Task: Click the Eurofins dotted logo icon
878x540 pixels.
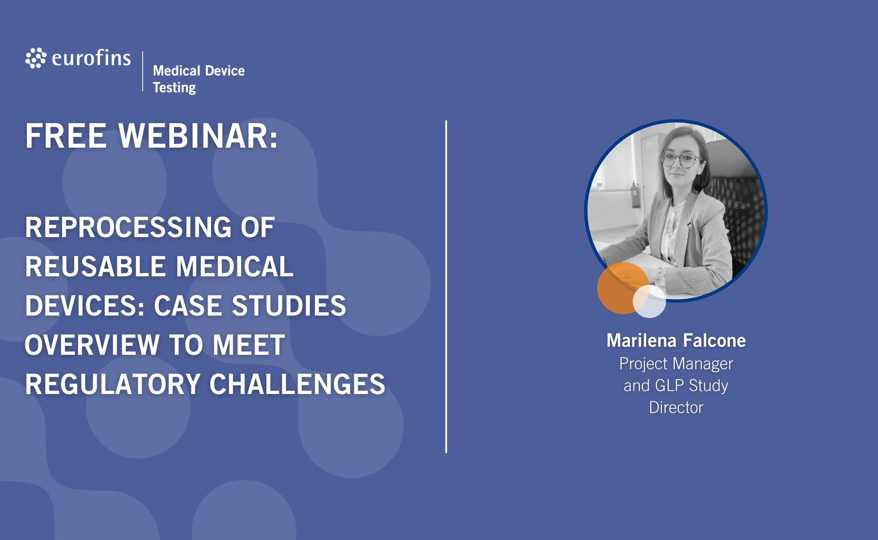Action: point(36,58)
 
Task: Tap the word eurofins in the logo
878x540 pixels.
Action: point(91,58)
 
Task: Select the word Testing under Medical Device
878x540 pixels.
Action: point(174,87)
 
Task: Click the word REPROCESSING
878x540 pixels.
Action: point(128,227)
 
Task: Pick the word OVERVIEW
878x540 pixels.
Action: point(92,345)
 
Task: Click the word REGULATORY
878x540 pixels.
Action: point(113,384)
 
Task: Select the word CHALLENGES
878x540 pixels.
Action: point(297,384)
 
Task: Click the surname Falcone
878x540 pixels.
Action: point(714,340)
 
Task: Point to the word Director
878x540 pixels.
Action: point(676,408)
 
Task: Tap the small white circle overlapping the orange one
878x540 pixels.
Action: point(649,301)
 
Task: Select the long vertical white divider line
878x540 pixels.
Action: point(446,287)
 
